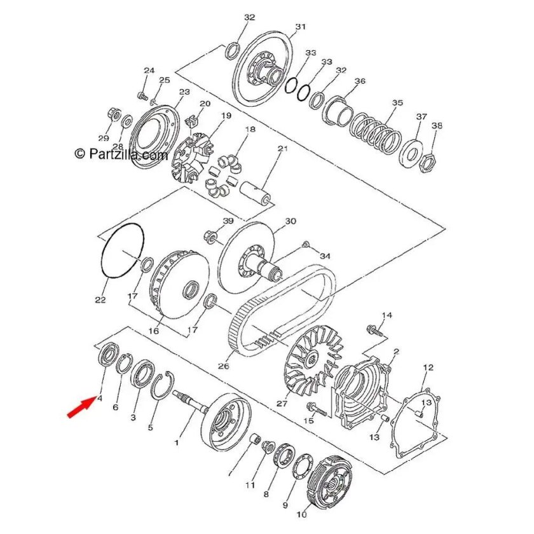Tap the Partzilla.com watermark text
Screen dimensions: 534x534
coord(121,154)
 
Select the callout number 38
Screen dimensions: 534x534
coord(437,125)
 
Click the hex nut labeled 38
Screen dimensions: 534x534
coord(427,163)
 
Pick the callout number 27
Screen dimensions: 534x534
coord(282,404)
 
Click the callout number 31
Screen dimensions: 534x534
coord(300,27)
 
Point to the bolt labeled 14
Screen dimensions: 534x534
coord(374,330)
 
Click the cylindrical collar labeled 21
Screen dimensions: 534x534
coord(256,193)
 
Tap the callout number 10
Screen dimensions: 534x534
coord(302,514)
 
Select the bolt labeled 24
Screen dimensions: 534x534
coord(142,96)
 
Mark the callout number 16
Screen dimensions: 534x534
coord(154,331)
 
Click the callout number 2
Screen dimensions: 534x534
coord(397,351)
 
